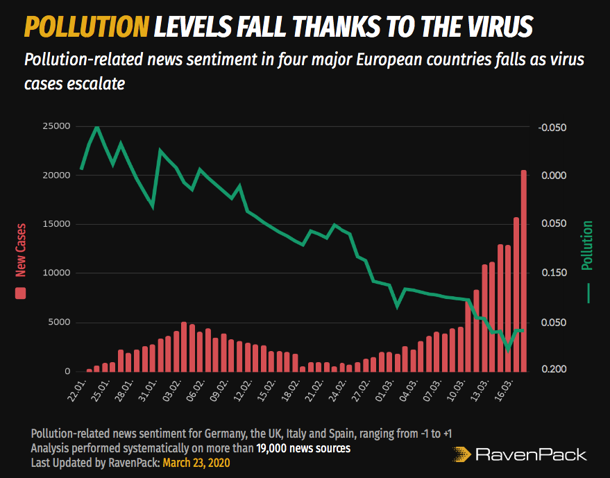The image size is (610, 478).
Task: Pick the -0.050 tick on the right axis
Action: [x=552, y=127]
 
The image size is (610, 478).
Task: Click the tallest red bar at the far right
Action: [x=524, y=271]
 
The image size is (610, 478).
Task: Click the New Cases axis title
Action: [x=21, y=249]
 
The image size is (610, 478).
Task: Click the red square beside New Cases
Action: [x=21, y=293]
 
